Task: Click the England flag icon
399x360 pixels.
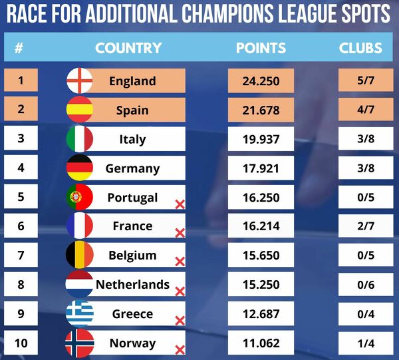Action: pos(80,81)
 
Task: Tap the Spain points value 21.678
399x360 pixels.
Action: pos(261,110)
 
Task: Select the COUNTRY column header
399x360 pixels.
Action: pos(128,48)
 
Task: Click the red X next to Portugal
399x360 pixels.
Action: pos(180,204)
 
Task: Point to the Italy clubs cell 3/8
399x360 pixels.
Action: pos(361,139)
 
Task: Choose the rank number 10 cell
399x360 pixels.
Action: pos(21,343)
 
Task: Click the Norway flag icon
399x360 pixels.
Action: pos(80,343)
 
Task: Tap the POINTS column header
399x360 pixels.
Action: pos(261,48)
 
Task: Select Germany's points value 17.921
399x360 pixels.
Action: pos(261,168)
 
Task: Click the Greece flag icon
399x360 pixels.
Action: pos(80,314)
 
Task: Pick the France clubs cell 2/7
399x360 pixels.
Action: pos(361,226)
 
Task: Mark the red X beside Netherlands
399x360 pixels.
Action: pos(180,291)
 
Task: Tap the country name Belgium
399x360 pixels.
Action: pos(132,256)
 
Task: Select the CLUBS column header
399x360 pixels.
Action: pos(360,48)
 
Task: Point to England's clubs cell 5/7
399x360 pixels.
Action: pos(361,81)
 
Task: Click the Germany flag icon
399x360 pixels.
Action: pos(80,168)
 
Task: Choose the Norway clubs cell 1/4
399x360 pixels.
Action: pos(361,343)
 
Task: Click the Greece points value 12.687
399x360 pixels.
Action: pos(261,314)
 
